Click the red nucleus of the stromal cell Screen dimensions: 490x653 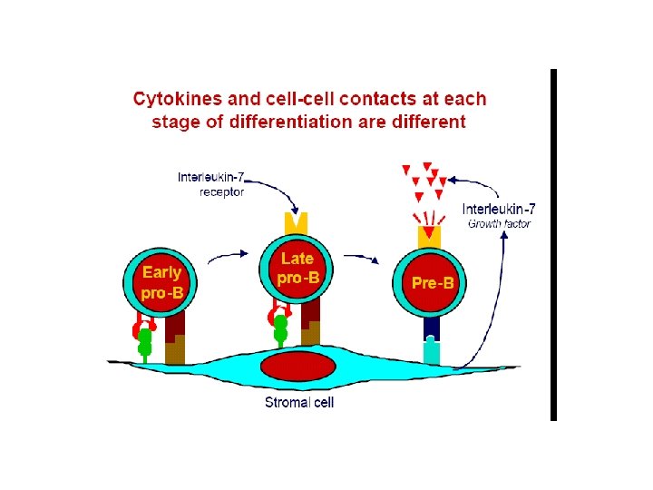click(297, 367)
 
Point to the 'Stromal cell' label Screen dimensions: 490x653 click(298, 402)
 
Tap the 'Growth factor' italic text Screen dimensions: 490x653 click(499, 223)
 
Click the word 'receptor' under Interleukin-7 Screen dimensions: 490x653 click(222, 191)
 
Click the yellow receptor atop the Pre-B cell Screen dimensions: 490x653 click(429, 235)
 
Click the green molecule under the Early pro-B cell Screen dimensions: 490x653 click(144, 340)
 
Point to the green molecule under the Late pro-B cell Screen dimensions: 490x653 click(281, 328)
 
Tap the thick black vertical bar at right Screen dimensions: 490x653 click(553, 245)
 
